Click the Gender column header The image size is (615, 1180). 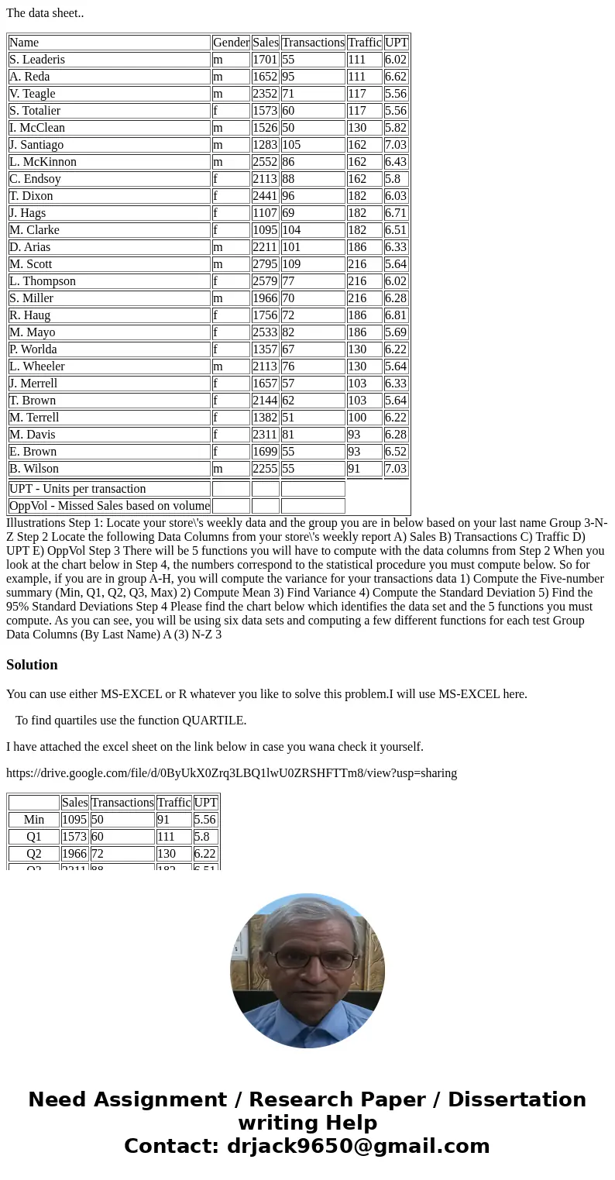coord(231,43)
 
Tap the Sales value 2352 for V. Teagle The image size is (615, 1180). coord(265,94)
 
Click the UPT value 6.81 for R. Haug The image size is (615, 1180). coord(396,315)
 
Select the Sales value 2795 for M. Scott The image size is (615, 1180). coord(265,264)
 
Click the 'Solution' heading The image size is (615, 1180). coord(32,665)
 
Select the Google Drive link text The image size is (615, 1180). coord(232,772)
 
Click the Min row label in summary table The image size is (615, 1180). coord(34,820)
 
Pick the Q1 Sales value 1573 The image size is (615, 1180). coord(74,837)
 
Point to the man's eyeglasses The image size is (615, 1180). coord(307,959)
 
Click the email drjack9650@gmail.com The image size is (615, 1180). coord(358,1147)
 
